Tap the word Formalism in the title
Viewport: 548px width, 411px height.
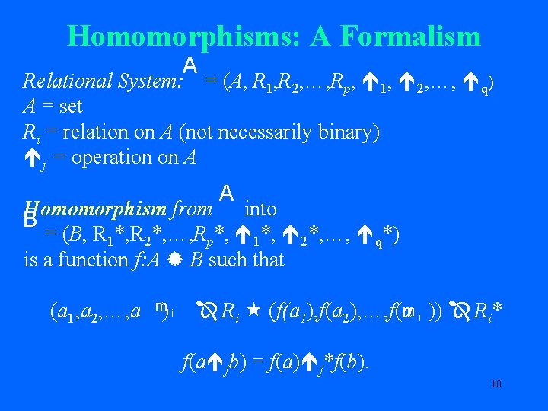click(x=411, y=36)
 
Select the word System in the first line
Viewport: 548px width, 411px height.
click(x=142, y=80)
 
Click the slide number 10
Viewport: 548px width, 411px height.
click(x=495, y=384)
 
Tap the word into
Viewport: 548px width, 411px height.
click(x=261, y=209)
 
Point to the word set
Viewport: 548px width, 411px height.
click(x=68, y=106)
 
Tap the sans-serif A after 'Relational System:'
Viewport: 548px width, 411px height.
click(x=190, y=66)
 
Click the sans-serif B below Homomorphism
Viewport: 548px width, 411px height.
click(x=30, y=221)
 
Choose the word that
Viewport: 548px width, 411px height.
click(x=269, y=260)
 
